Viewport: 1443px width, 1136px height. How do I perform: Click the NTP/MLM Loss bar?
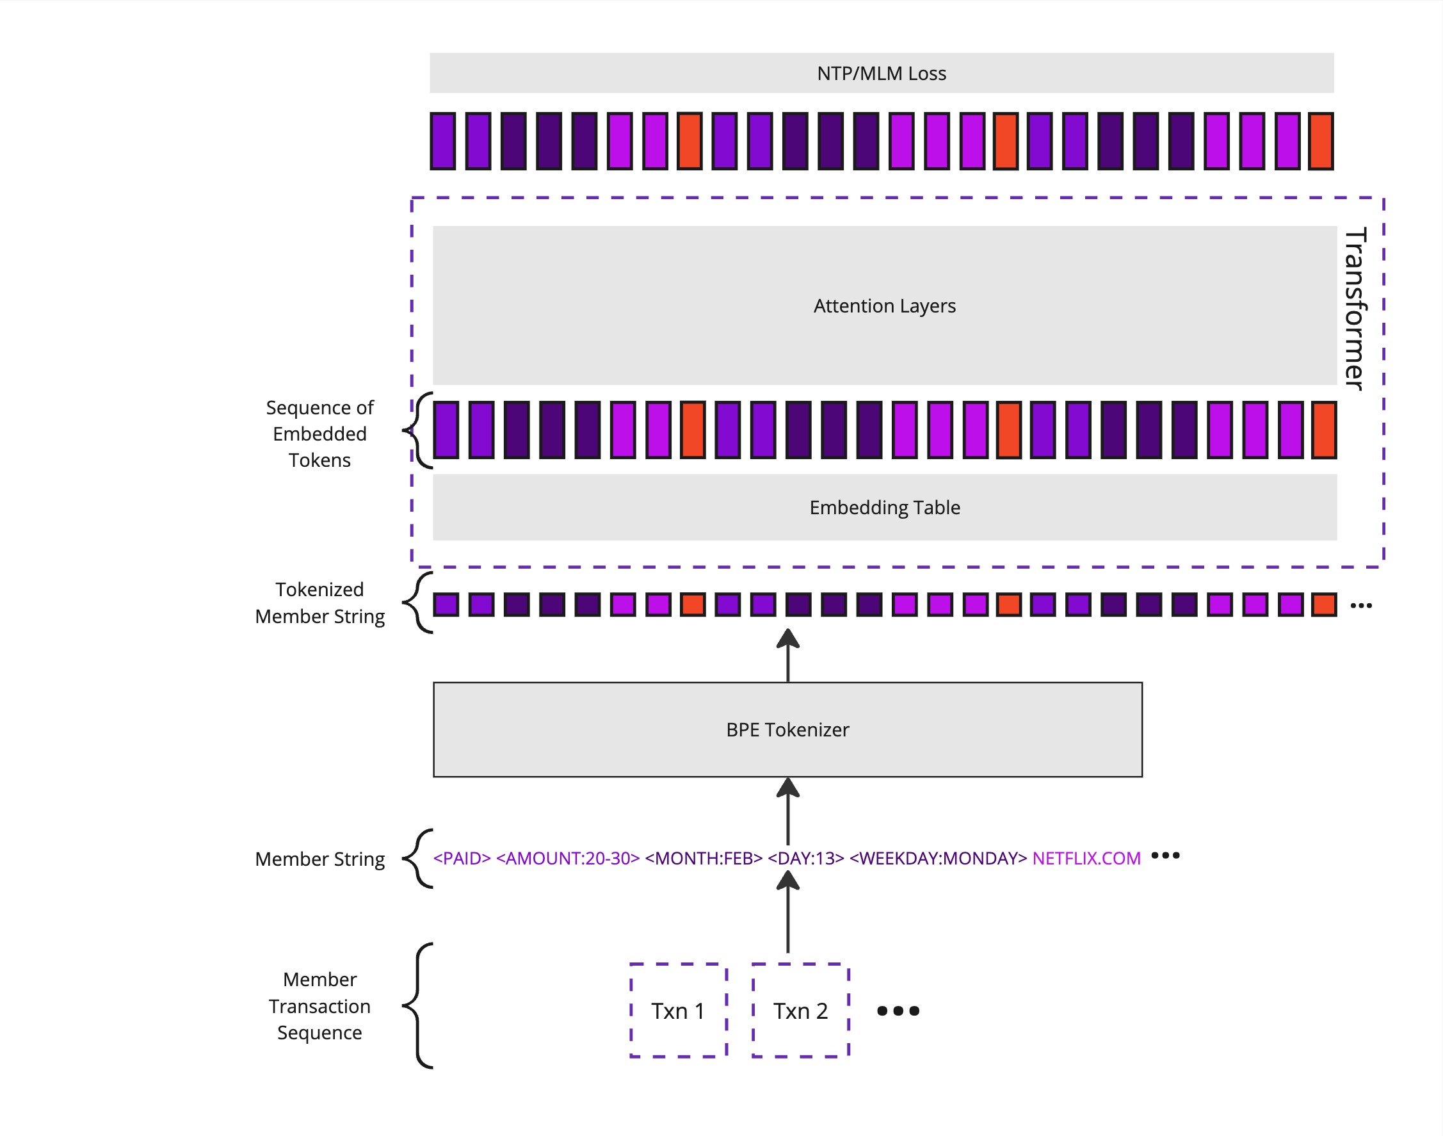pyautogui.click(x=881, y=73)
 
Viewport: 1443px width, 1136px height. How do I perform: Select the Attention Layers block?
pyautogui.click(x=884, y=305)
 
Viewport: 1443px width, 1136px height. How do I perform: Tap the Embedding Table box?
pyautogui.click(x=884, y=507)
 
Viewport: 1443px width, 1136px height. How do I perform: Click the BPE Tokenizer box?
pyautogui.click(x=788, y=729)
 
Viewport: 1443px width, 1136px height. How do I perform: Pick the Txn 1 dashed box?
pyautogui.click(x=678, y=1010)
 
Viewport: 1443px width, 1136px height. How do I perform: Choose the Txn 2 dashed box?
pyautogui.click(x=801, y=1010)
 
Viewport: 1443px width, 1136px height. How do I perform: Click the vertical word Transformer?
pyautogui.click(x=1355, y=309)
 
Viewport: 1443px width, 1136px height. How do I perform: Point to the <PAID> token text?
pyautogui.click(x=462, y=858)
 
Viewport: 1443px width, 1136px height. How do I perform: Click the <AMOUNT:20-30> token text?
pyautogui.click(x=568, y=858)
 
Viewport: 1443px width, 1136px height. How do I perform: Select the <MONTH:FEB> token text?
pyautogui.click(x=704, y=858)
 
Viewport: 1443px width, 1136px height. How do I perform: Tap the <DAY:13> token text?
pyautogui.click(x=806, y=858)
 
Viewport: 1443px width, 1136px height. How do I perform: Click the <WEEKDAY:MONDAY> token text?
pyautogui.click(x=939, y=858)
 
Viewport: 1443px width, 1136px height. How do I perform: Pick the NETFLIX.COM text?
pyautogui.click(x=1086, y=858)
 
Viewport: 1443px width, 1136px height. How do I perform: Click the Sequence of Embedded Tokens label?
pyautogui.click(x=320, y=434)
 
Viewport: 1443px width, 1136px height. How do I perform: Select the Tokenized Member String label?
pyautogui.click(x=320, y=603)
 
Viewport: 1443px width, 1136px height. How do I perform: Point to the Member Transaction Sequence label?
pyautogui.click(x=320, y=1005)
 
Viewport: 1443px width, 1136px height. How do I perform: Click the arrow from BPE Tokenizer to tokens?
pyautogui.click(x=788, y=655)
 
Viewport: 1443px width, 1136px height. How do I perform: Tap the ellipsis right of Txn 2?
pyautogui.click(x=898, y=1011)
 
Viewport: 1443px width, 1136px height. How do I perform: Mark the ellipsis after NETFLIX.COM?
pyautogui.click(x=1165, y=856)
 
